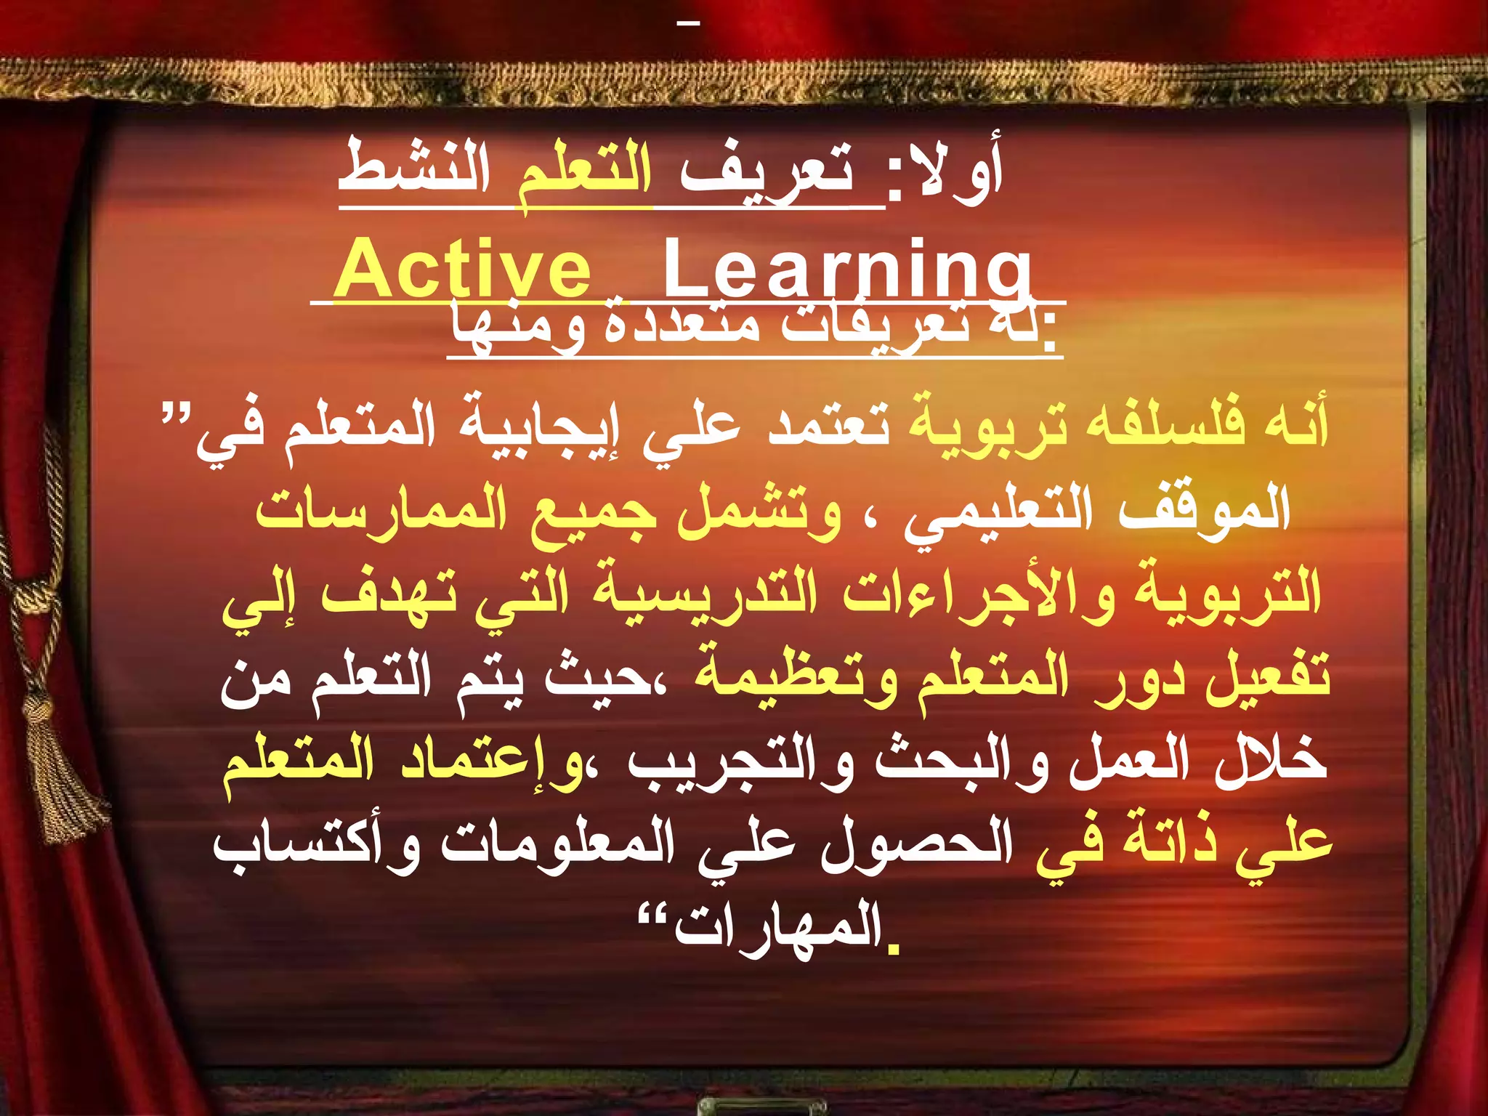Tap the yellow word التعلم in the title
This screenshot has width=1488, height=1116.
(x=585, y=174)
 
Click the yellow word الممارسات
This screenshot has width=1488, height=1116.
(x=381, y=509)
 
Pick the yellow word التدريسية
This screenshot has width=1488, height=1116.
(x=705, y=592)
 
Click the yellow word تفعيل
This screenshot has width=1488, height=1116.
(x=1268, y=676)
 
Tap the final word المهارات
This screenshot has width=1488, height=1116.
(x=777, y=926)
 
